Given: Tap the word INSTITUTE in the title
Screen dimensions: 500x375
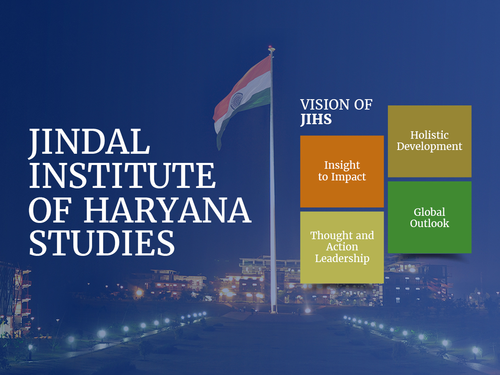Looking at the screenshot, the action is [x=122, y=175].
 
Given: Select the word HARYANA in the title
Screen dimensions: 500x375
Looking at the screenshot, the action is [x=167, y=210].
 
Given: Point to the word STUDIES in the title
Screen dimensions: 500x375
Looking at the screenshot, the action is [x=102, y=243].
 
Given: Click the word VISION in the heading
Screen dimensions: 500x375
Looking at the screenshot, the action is [x=325, y=105].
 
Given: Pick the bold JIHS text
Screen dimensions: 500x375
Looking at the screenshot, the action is [x=316, y=119].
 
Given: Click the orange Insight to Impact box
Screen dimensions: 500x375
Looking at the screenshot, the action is [x=342, y=171].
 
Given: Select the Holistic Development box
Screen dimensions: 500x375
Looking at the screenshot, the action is [x=430, y=141].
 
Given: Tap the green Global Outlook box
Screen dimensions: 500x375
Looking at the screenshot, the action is [x=430, y=217].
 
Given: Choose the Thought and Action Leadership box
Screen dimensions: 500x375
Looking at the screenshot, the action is [x=342, y=247].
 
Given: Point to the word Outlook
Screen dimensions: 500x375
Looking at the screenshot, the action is [x=430, y=223].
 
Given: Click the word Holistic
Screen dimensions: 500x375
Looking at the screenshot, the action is [x=430, y=135].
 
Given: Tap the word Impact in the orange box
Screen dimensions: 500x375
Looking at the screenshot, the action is [x=348, y=177].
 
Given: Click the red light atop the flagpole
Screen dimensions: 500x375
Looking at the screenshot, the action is [x=270, y=47].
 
